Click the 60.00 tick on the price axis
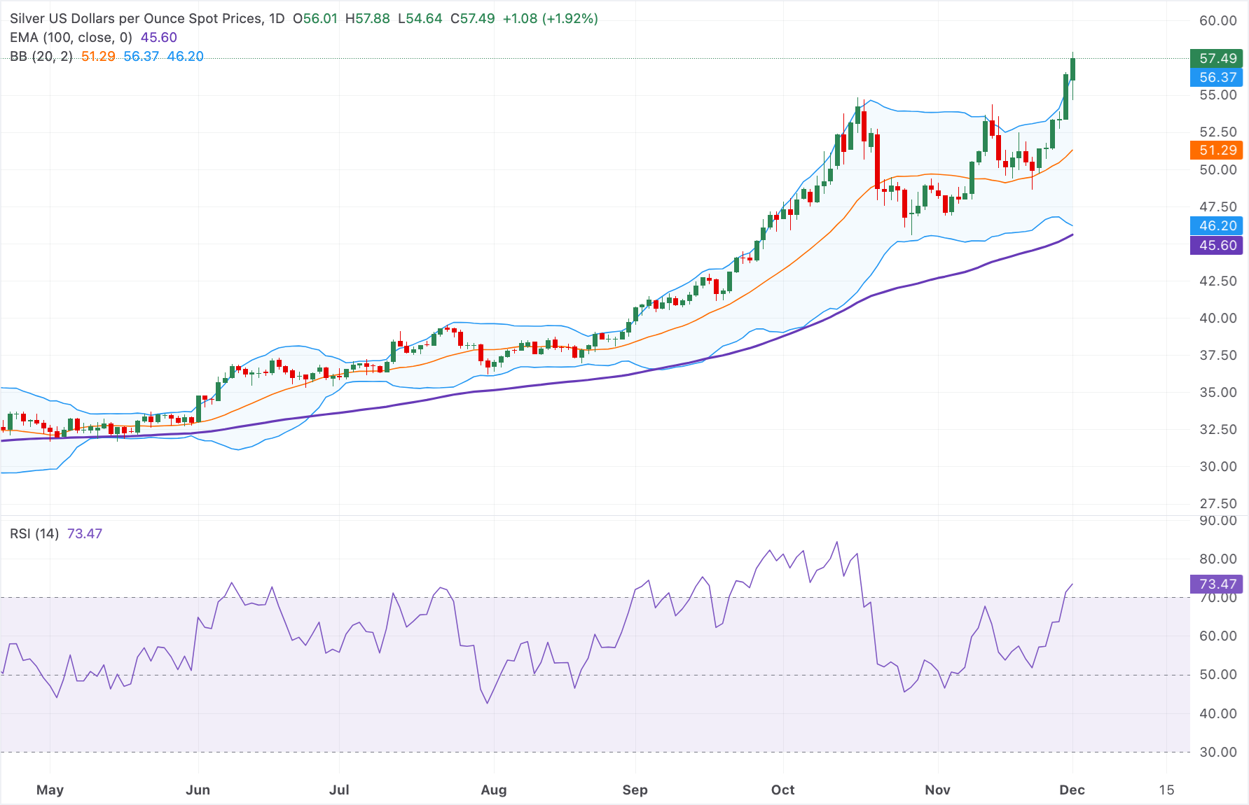click(1218, 20)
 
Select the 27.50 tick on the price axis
click(1218, 503)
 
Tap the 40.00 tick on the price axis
click(1218, 318)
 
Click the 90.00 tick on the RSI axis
click(1218, 520)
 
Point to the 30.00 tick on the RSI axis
click(1218, 752)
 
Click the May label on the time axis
click(50, 790)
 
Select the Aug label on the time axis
click(494, 790)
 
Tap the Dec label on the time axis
click(1072, 790)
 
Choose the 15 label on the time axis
click(1166, 790)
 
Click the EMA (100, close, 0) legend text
click(71, 38)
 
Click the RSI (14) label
click(34, 533)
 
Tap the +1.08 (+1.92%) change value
click(551, 19)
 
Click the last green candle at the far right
click(1072, 69)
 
